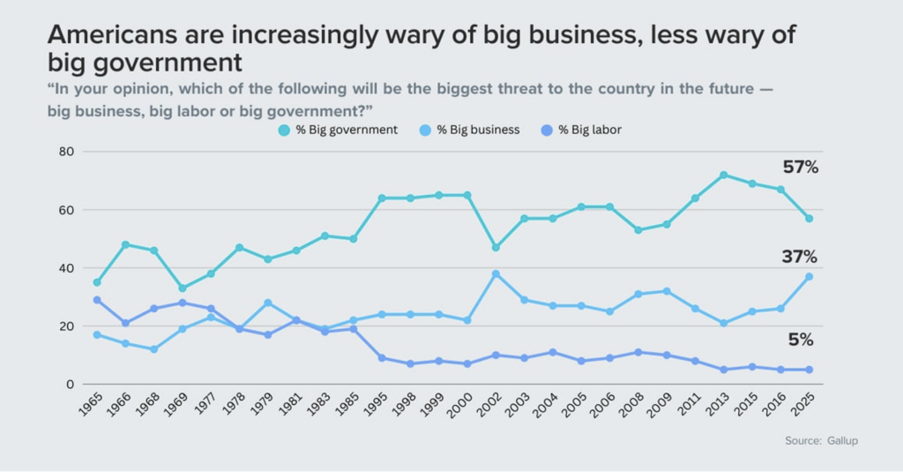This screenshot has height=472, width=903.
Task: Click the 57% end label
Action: (x=801, y=168)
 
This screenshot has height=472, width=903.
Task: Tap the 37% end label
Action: (x=800, y=258)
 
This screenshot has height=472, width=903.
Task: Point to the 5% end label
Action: (x=801, y=340)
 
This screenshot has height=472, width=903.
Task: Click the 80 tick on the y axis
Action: (x=65, y=152)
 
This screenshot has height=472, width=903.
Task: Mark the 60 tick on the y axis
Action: (x=65, y=210)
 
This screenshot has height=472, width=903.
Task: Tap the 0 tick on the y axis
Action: (x=69, y=385)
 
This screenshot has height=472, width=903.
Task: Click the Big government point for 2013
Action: (x=724, y=175)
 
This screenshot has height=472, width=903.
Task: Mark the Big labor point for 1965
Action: (x=96, y=300)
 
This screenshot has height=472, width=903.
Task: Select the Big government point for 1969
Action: (x=182, y=288)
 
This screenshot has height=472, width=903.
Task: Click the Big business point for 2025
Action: (x=809, y=276)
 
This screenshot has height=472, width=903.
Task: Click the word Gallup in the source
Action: (x=841, y=440)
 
